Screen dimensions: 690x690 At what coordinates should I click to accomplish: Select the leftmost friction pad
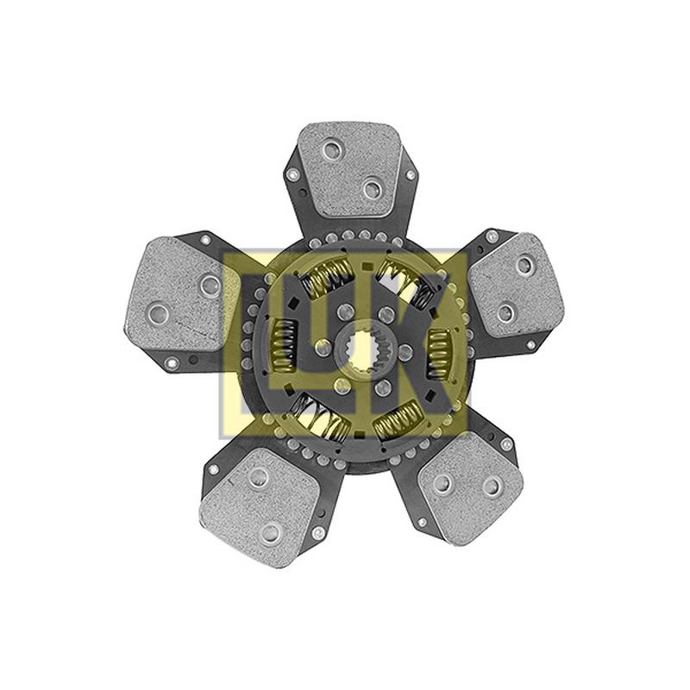tap(181, 294)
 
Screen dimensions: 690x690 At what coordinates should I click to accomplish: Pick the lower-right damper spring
tap(398, 420)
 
